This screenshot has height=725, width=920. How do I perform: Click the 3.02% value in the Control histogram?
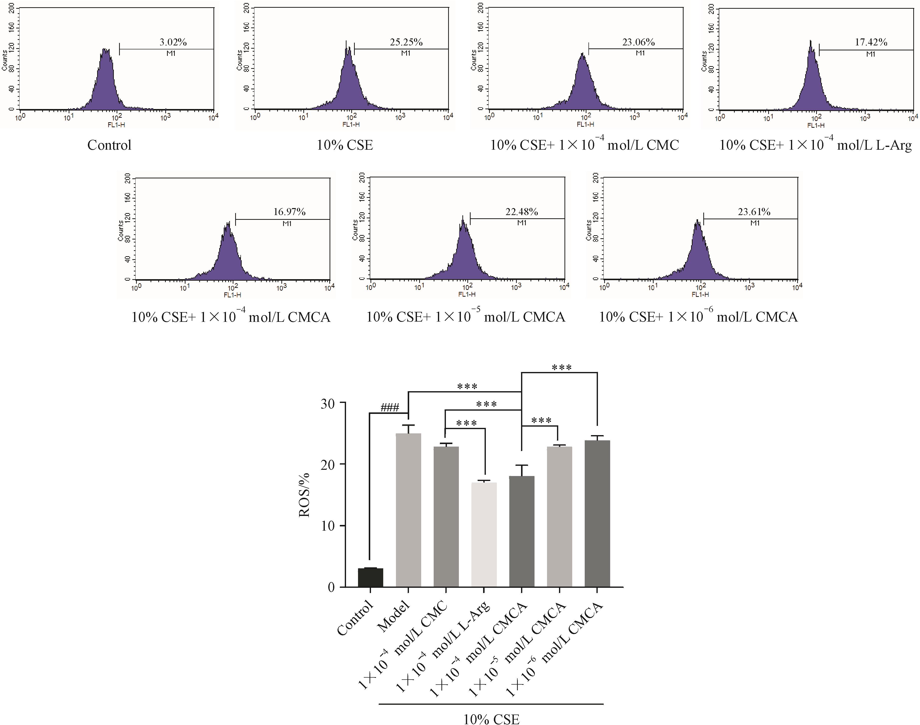[x=173, y=42]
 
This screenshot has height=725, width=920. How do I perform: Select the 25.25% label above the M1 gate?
[x=406, y=42]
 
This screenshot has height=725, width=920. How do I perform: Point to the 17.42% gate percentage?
[x=871, y=42]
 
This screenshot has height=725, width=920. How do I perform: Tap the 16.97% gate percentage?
[x=289, y=211]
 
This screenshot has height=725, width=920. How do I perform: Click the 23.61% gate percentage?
[x=754, y=211]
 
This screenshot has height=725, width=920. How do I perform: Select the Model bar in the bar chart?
[x=408, y=509]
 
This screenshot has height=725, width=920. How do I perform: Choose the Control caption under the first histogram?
[x=109, y=145]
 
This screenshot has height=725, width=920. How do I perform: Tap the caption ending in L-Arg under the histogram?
[x=815, y=145]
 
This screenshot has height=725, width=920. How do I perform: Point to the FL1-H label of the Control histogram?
[x=116, y=125]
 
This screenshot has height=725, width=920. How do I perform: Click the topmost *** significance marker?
[x=561, y=367]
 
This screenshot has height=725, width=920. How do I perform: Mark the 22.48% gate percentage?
[x=522, y=211]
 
